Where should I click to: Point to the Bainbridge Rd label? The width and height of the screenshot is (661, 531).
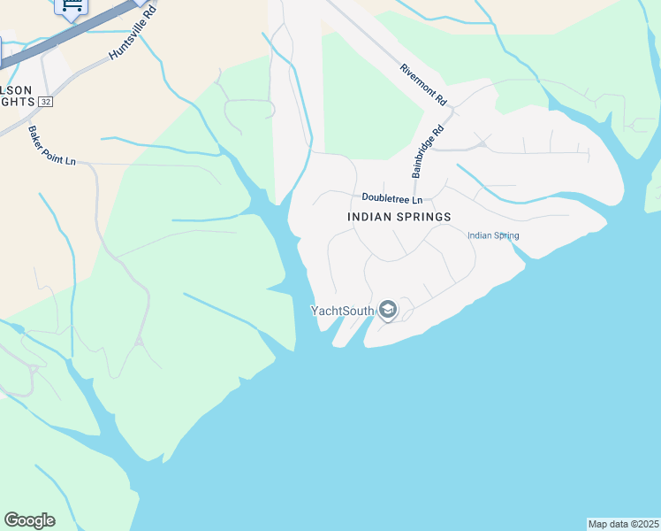point(428,147)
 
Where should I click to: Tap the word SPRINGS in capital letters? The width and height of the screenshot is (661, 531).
point(424,217)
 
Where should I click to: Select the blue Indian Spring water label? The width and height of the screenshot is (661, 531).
point(493,235)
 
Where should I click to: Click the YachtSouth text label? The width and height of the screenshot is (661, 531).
point(342,311)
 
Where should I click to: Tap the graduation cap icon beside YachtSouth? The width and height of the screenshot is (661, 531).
point(387,311)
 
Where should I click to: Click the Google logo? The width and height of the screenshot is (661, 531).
point(29,520)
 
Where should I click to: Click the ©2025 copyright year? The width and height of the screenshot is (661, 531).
point(645,524)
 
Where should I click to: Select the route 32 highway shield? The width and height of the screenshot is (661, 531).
point(46,102)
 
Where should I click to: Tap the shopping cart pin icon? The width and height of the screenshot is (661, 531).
point(70,6)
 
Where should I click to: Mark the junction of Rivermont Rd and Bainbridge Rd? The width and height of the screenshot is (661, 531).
point(450,110)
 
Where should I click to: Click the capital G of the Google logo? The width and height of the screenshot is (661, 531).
point(11,520)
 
